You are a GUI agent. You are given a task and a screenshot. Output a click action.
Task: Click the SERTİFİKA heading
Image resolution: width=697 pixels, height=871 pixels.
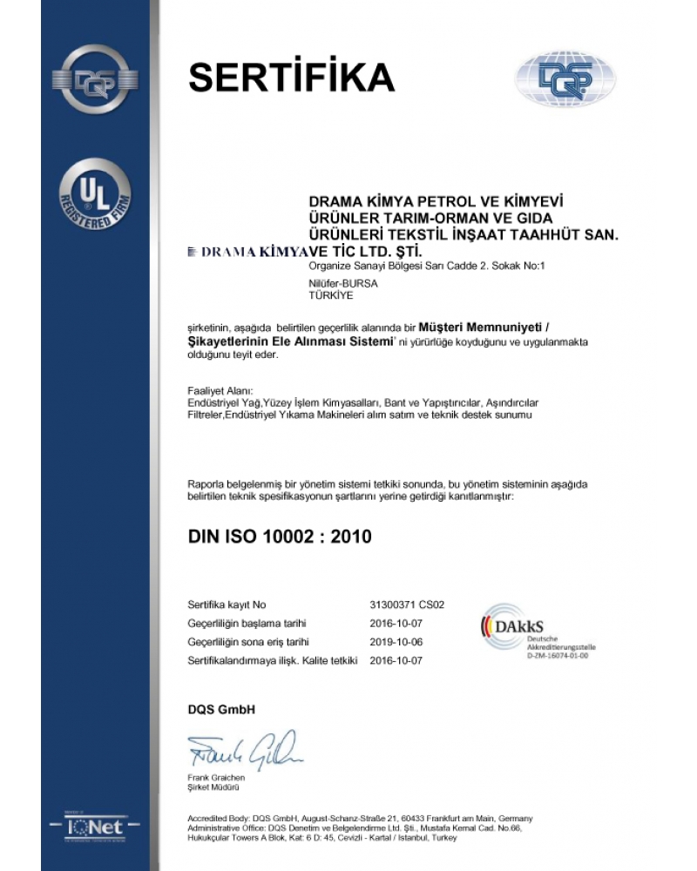[292, 77]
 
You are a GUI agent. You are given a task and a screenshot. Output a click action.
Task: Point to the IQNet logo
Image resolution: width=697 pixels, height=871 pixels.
[95, 822]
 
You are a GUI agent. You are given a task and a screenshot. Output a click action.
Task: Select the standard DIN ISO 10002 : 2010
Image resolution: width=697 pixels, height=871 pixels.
[280, 537]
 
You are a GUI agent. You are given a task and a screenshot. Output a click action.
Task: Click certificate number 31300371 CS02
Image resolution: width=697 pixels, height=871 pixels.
[408, 604]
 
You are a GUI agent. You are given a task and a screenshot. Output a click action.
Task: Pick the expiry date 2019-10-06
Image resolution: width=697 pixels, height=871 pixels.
[396, 642]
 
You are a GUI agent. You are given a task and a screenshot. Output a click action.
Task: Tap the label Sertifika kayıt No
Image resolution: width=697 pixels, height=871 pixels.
[227, 604]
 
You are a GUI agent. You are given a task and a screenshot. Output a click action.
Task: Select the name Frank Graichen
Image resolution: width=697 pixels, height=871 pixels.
[217, 777]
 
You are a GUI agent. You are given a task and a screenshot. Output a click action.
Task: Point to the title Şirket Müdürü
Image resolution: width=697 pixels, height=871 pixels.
[213, 787]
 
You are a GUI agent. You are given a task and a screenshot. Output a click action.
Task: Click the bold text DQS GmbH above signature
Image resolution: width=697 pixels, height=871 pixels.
[221, 710]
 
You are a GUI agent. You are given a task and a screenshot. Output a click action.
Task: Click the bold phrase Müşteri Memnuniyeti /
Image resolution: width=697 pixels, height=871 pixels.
[492, 326]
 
